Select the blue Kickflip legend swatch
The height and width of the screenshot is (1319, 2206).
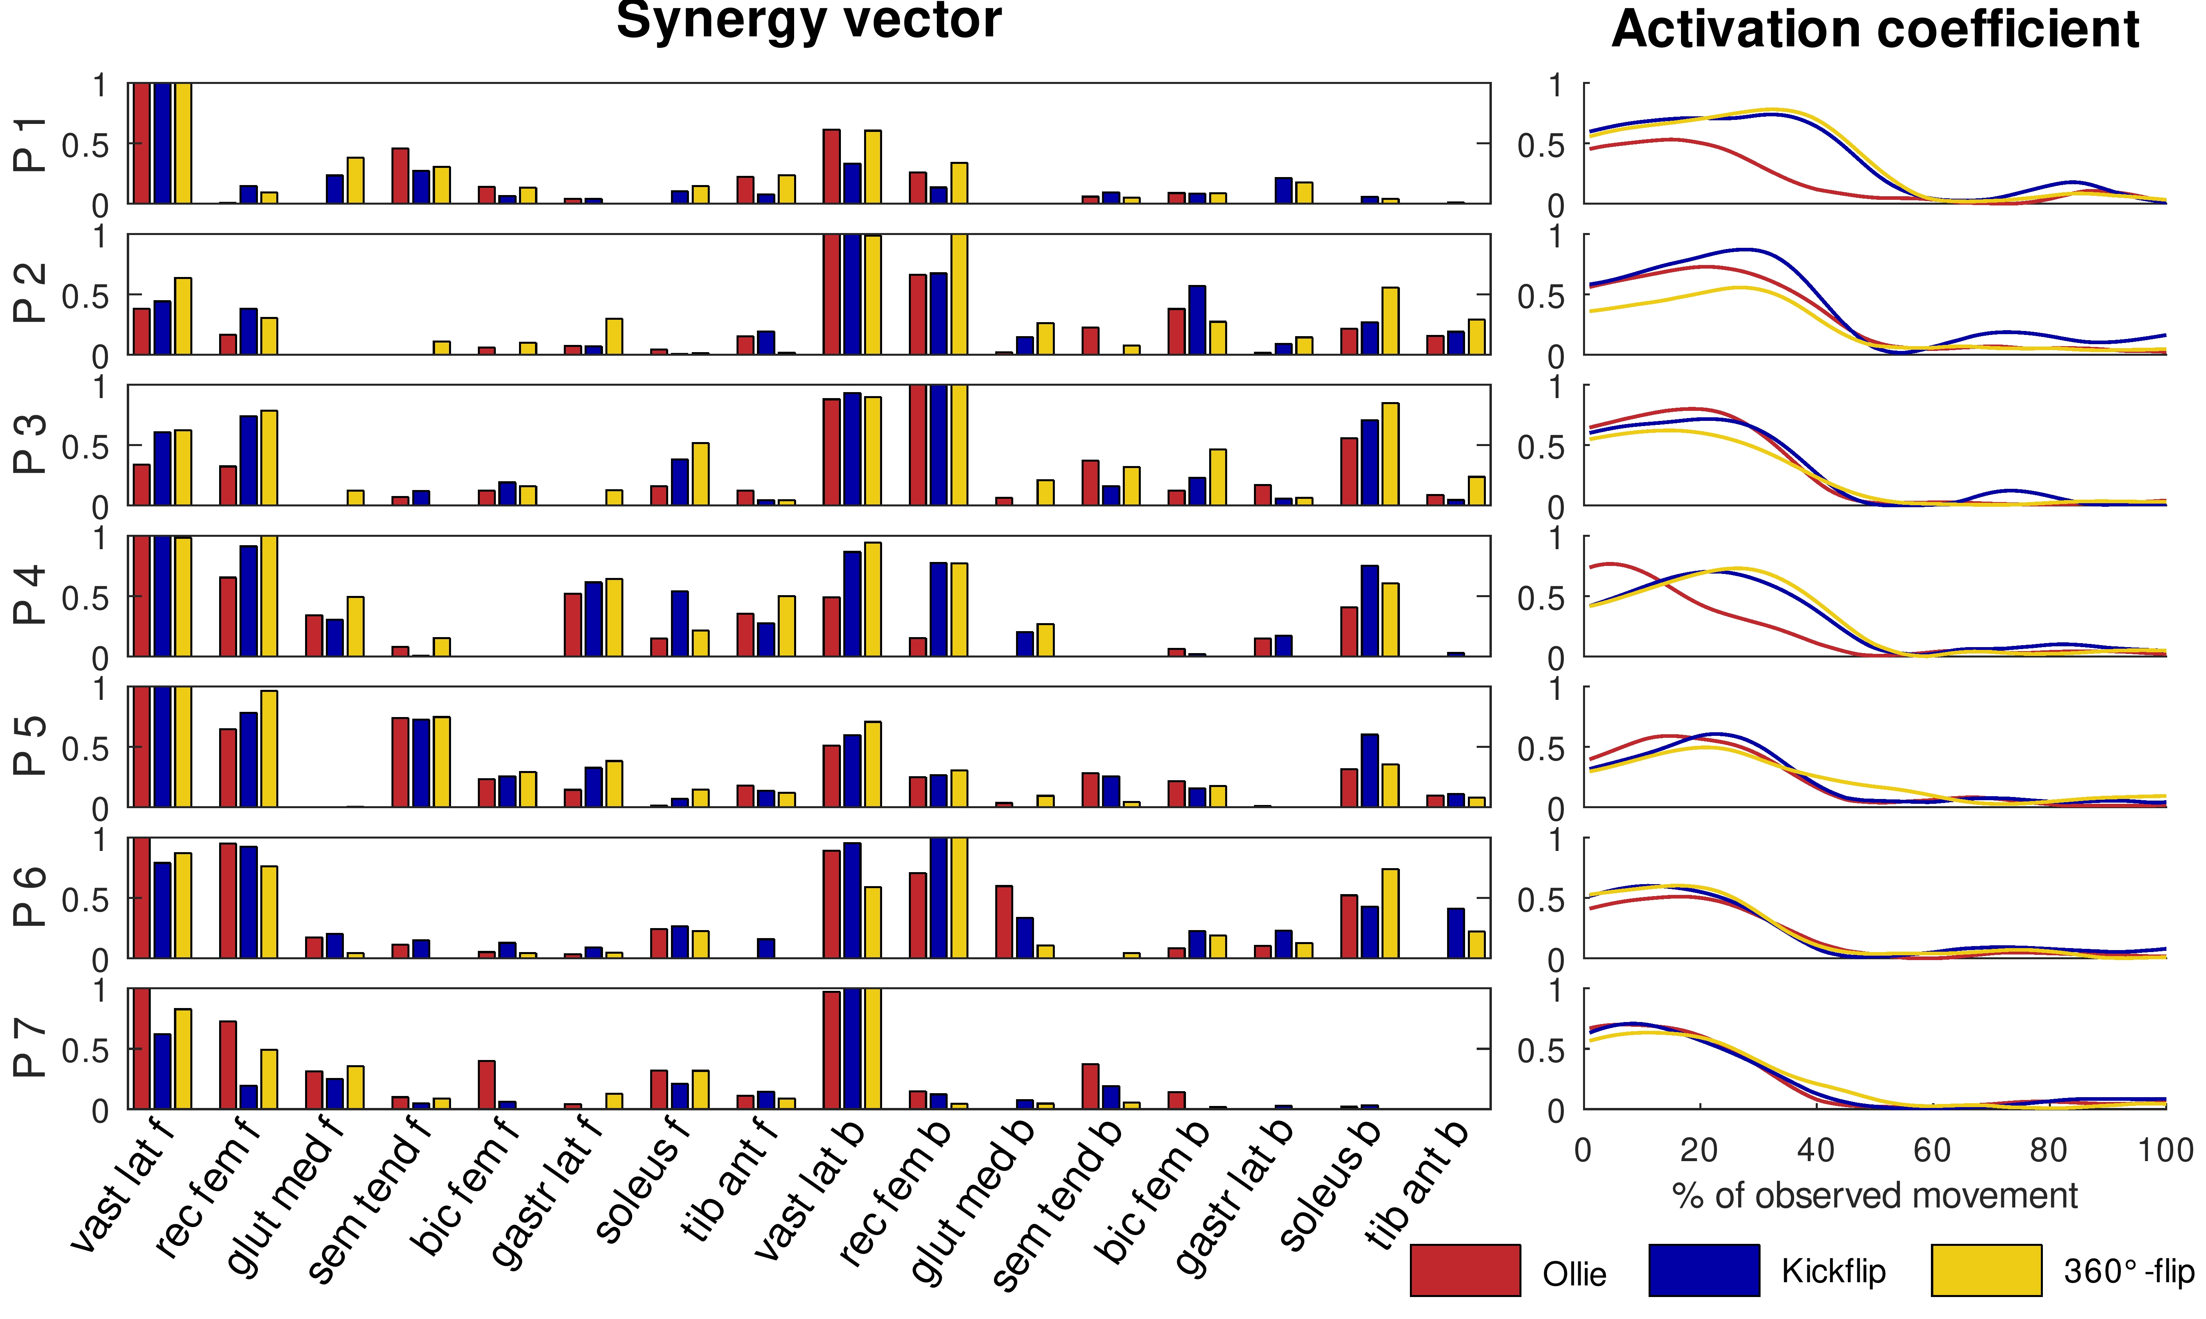(1704, 1270)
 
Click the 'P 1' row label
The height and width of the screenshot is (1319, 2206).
(30, 144)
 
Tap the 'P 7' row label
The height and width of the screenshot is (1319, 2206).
(30, 1049)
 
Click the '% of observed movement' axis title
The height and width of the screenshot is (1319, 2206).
(1875, 1196)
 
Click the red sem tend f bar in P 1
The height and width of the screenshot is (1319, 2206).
(400, 176)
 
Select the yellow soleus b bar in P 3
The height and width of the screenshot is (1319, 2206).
(1391, 454)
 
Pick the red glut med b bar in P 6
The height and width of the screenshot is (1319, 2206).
(1004, 922)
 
